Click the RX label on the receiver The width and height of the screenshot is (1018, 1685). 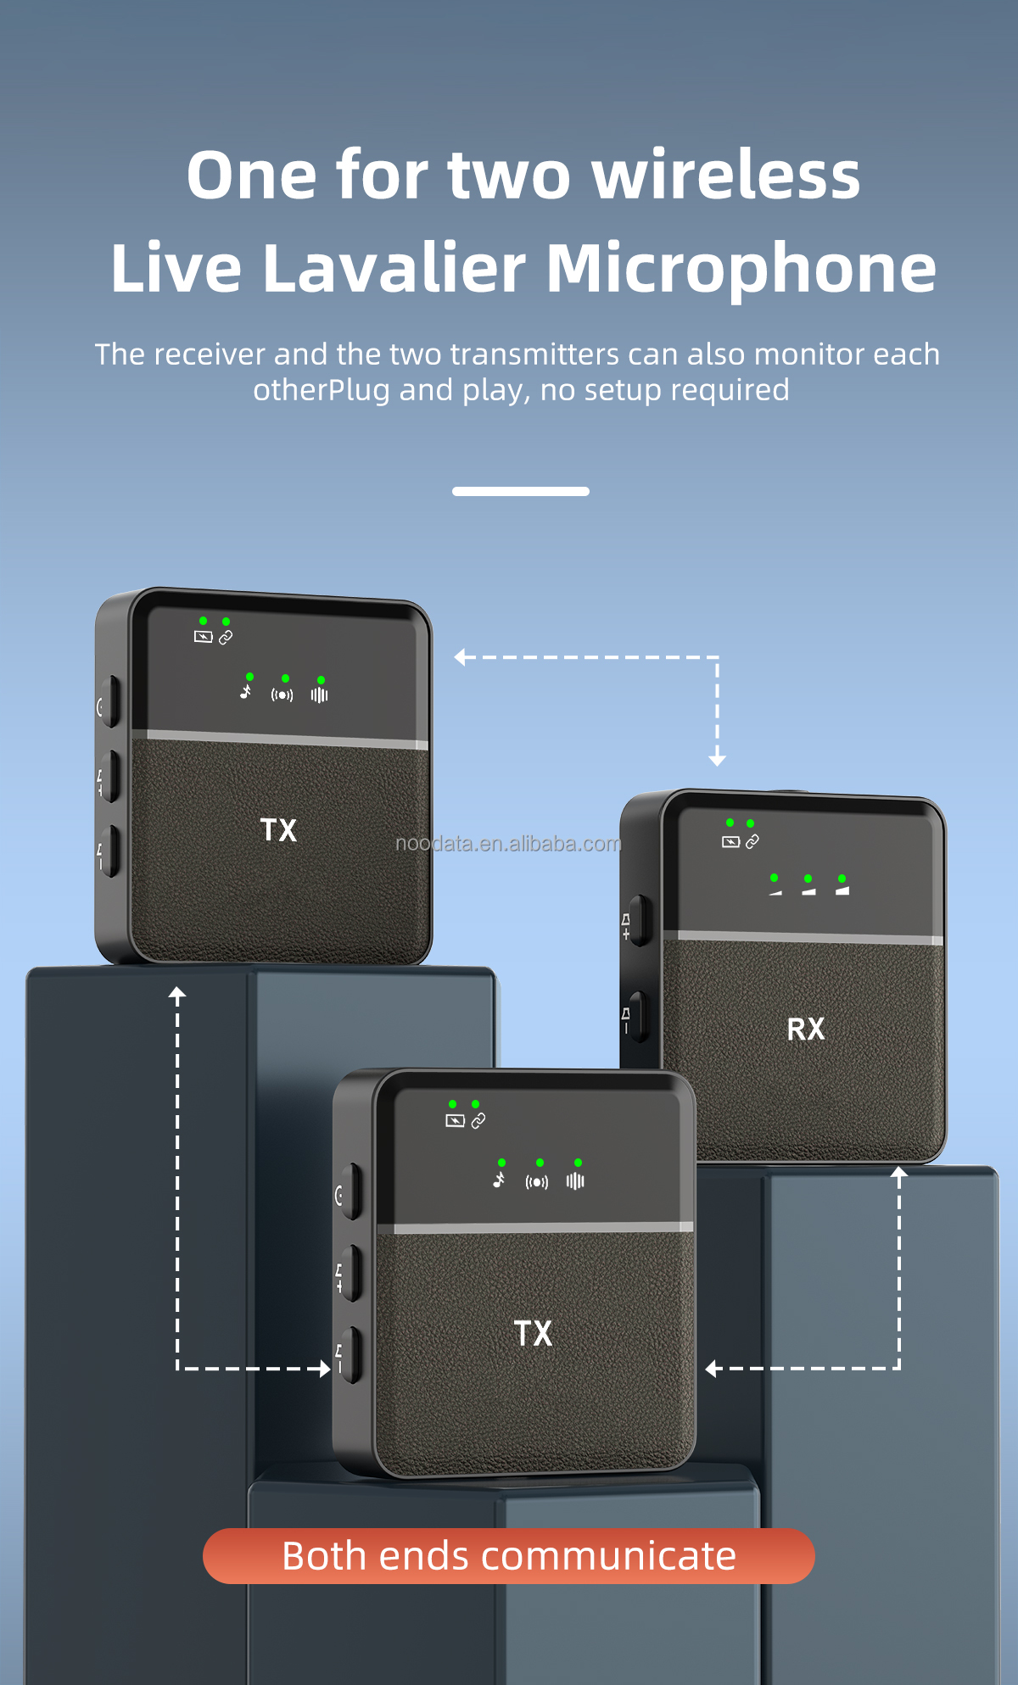click(x=805, y=1029)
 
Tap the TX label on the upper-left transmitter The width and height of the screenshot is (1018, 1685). click(x=278, y=829)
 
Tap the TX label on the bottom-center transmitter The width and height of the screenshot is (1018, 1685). click(x=533, y=1333)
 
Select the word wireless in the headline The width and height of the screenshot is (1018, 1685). click(x=725, y=175)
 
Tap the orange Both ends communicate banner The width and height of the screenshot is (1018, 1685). click(x=509, y=1556)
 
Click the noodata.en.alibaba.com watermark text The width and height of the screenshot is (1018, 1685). click(x=508, y=844)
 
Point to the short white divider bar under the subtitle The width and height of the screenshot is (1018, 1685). click(x=520, y=491)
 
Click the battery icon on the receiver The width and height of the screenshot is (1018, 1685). click(x=730, y=842)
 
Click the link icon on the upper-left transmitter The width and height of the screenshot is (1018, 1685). click(x=226, y=638)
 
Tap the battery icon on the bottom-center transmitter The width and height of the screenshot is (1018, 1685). click(x=455, y=1121)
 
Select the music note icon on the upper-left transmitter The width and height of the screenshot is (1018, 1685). click(x=245, y=692)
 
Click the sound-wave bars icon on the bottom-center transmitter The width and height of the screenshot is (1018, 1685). click(x=575, y=1181)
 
